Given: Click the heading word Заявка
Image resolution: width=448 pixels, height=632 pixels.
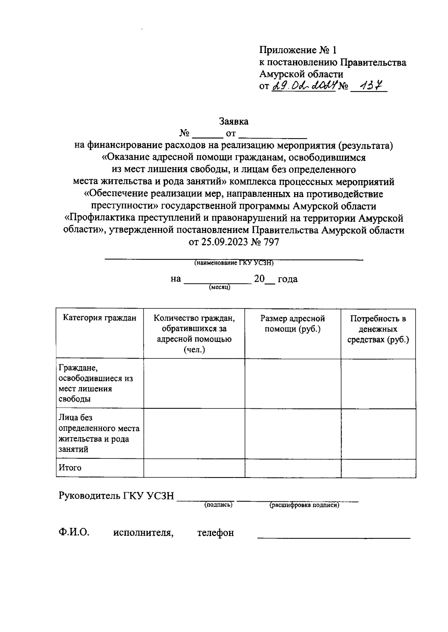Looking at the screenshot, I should click(234, 121).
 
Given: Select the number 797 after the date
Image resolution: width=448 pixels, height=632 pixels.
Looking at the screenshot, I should click(271, 242).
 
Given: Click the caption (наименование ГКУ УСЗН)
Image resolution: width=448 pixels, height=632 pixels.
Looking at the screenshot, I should click(234, 263).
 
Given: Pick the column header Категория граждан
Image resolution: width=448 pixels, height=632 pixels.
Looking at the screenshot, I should click(100, 318).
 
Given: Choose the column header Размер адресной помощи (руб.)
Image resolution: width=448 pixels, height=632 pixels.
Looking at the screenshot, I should click(293, 323).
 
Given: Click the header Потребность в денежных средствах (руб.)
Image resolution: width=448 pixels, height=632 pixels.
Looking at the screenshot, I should click(378, 329).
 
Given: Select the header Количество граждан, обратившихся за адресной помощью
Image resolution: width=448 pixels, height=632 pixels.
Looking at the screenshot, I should click(194, 334).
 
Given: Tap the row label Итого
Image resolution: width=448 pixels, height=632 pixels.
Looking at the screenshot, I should click(70, 467).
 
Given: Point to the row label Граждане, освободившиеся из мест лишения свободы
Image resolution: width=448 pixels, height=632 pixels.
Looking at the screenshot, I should click(96, 383).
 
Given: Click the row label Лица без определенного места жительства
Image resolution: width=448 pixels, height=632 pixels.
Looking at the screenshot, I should click(99, 433).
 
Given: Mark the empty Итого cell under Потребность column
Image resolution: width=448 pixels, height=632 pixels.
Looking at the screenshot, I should click(378, 468).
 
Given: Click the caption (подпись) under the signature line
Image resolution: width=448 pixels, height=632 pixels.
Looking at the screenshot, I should click(218, 505).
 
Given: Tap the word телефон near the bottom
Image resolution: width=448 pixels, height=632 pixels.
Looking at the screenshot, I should click(215, 532).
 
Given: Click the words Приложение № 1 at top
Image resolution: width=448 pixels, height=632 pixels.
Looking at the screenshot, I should click(298, 50).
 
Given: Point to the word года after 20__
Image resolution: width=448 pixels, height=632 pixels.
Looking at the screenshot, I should click(287, 279).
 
